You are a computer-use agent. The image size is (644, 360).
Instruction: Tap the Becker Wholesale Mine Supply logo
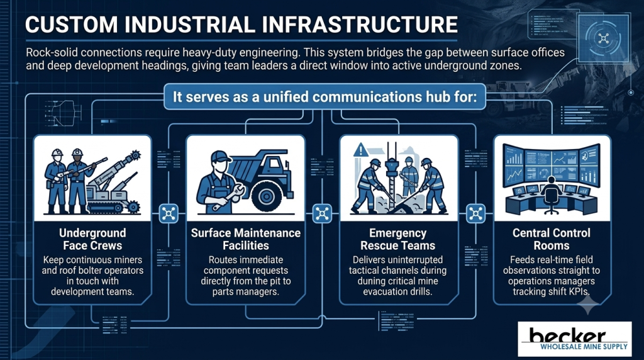tap(575, 339)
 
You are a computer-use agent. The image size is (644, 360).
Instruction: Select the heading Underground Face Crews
tap(92, 239)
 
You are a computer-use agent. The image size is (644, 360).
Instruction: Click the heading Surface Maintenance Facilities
tap(246, 239)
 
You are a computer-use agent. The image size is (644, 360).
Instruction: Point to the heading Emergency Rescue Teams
tap(397, 239)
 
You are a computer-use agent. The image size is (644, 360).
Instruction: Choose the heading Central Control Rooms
tap(551, 239)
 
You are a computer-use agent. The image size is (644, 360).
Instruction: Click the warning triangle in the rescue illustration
tap(360, 150)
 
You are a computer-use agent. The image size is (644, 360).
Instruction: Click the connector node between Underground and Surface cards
tap(169, 214)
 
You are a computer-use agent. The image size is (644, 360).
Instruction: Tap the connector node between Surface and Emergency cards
tap(322, 214)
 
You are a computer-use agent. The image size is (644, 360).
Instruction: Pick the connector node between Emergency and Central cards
tap(475, 214)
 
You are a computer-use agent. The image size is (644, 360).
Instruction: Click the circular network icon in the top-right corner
tap(603, 39)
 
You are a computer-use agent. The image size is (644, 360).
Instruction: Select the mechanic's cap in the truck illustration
tap(220, 157)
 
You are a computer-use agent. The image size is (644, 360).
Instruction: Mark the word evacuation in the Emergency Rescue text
tap(385, 292)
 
